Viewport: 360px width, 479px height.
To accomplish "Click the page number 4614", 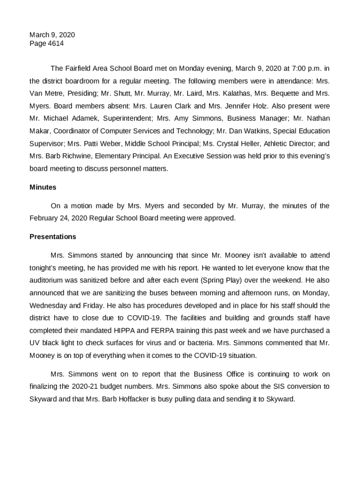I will pyautogui.click(x=56, y=44).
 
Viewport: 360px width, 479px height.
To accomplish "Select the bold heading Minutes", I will pyautogui.click(x=43, y=187).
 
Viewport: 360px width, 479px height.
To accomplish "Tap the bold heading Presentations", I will pyautogui.click(x=53, y=237).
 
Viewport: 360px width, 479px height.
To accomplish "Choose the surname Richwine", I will pyautogui.click(x=67, y=156).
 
